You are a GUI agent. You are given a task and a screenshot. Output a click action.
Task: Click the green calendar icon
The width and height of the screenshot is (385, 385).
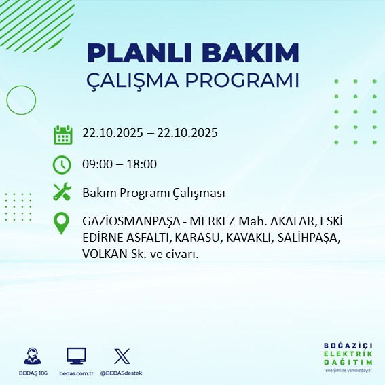click(62, 134)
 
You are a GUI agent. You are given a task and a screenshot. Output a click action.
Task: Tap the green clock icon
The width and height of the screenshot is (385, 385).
click(62, 164)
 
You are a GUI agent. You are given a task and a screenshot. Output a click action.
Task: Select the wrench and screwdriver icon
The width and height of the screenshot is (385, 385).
click(62, 193)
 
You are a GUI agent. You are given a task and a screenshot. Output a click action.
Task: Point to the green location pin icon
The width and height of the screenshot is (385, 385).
click(62, 223)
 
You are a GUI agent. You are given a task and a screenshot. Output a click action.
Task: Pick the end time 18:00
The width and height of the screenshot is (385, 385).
click(142, 164)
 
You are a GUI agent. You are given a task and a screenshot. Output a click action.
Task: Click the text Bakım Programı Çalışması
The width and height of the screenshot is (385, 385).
click(153, 194)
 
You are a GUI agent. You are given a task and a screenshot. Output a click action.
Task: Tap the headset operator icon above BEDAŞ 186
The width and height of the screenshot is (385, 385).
click(32, 356)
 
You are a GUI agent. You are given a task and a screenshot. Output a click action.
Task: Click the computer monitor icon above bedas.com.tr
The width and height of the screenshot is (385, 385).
click(76, 356)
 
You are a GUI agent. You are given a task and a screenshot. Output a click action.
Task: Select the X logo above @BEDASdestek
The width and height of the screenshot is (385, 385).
click(121, 356)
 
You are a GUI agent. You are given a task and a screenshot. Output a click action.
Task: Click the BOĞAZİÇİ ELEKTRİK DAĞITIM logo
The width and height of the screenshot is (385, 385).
click(346, 357)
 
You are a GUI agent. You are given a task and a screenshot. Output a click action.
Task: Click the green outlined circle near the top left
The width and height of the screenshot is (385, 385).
click(21, 100)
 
